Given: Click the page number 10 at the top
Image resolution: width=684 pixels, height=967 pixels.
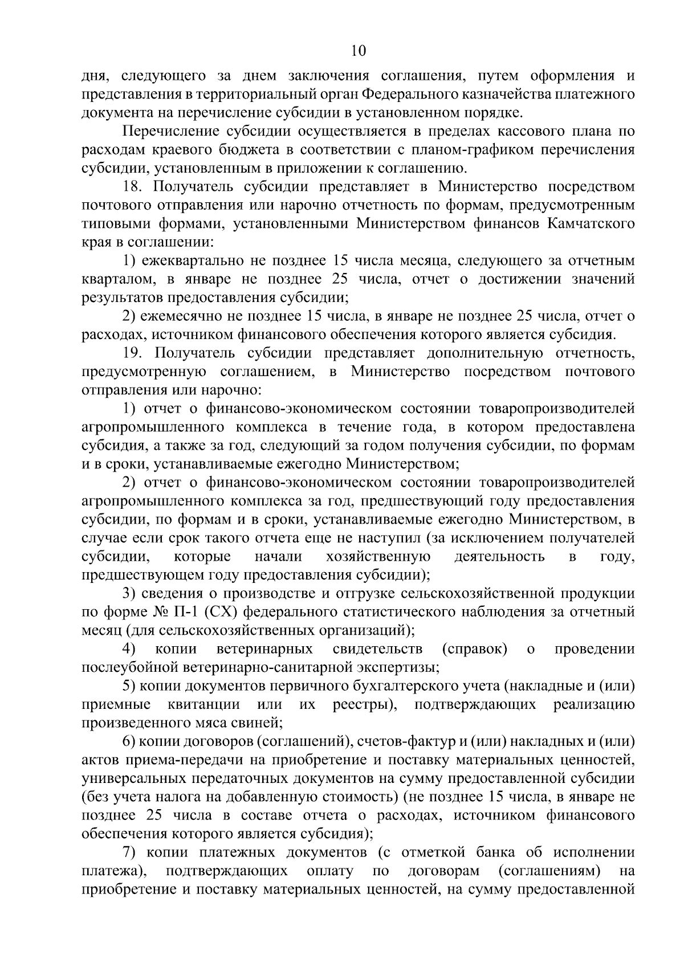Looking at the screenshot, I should [x=359, y=51].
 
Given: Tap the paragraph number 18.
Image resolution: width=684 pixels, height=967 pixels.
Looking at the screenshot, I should [x=134, y=186].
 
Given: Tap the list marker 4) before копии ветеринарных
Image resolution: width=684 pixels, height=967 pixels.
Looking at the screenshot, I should [x=130, y=649].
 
